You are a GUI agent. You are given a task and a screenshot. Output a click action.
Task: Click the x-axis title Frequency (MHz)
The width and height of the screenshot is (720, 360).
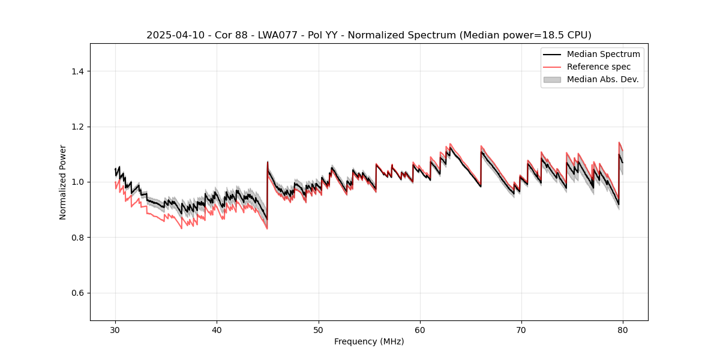point(369,341)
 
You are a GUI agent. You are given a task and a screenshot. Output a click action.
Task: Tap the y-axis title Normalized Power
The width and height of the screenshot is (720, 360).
point(63,182)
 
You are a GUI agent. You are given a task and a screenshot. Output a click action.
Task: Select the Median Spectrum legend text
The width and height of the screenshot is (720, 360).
point(603,54)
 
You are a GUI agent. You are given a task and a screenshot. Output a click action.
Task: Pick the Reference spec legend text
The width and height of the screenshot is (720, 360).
point(598,67)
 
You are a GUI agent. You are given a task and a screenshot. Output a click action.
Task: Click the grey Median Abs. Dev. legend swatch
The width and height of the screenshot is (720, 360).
point(552,79)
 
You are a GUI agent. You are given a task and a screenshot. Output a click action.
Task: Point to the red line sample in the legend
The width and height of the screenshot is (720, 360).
point(552,67)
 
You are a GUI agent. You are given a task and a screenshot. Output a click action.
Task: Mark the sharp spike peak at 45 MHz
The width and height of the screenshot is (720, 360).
point(268,162)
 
